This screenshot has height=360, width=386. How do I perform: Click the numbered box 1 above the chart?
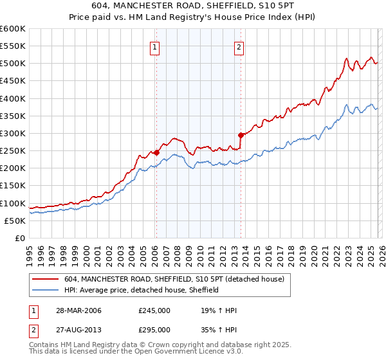pos(156,46)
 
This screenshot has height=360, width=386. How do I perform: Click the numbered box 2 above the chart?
pos(239,46)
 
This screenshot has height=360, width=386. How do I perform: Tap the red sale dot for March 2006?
pos(156,152)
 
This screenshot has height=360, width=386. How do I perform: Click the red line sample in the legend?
pos(46,279)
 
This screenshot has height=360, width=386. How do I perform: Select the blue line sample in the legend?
pos(46,290)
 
